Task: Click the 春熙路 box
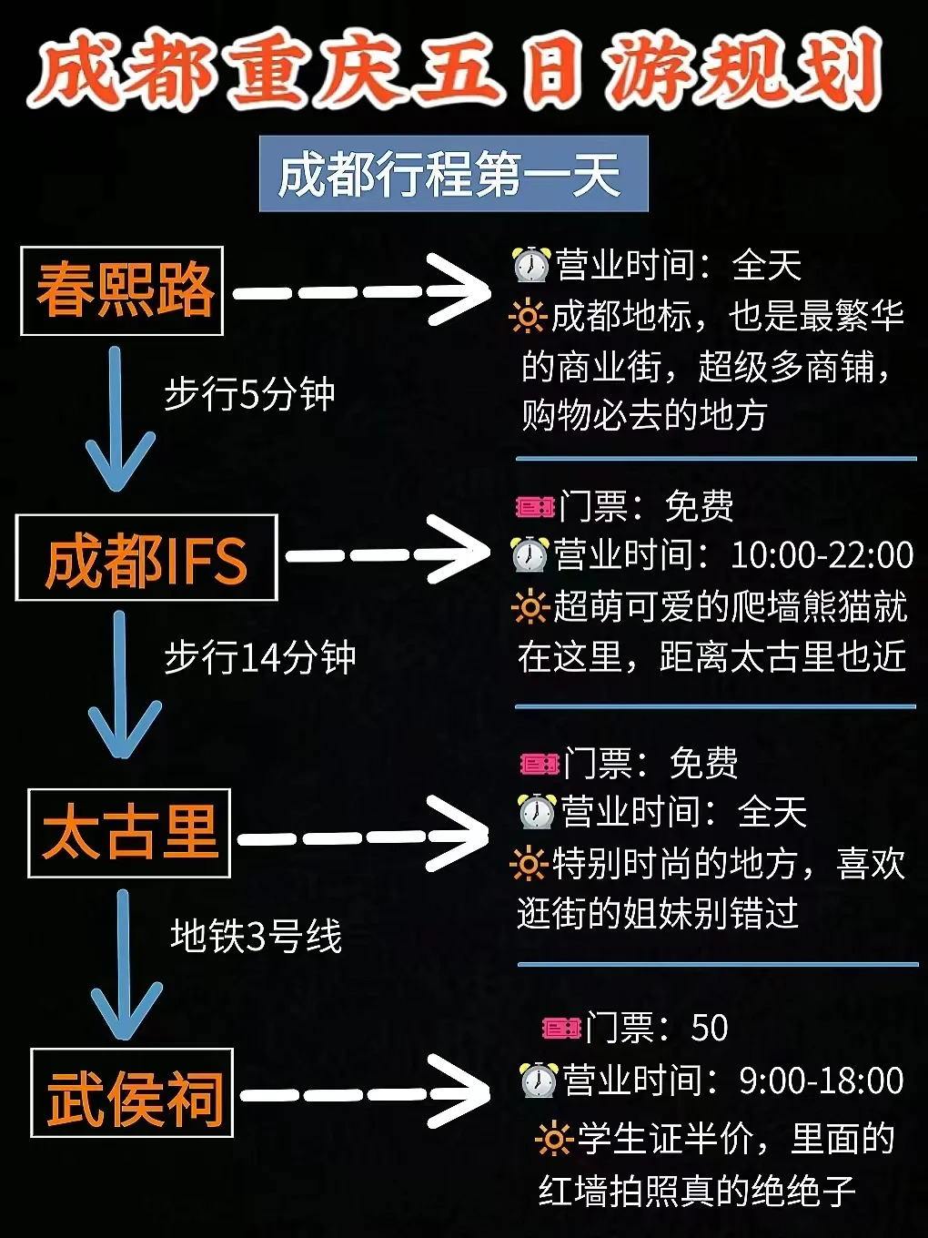pyautogui.click(x=122, y=290)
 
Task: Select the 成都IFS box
pyautogui.click(x=146, y=558)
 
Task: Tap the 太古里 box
pyautogui.click(x=129, y=833)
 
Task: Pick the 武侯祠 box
pyautogui.click(x=133, y=1092)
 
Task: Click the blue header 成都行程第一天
pyautogui.click(x=453, y=174)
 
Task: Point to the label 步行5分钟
pyautogui.click(x=249, y=395)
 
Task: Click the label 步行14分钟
pyautogui.click(x=259, y=657)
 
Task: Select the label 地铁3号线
pyautogui.click(x=256, y=936)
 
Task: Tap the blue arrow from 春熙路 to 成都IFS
pyautogui.click(x=117, y=419)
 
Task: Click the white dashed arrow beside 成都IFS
pyautogui.click(x=387, y=553)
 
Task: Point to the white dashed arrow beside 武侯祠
pyautogui.click(x=364, y=1092)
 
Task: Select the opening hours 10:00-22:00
pyautogui.click(x=822, y=554)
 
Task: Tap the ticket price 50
pyautogui.click(x=710, y=1028)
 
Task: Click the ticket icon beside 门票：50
pyautogui.click(x=561, y=1028)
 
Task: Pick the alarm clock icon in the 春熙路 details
pyautogui.click(x=530, y=265)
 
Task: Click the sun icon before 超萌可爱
pyautogui.click(x=529, y=606)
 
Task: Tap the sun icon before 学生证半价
pyautogui.click(x=552, y=1139)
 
